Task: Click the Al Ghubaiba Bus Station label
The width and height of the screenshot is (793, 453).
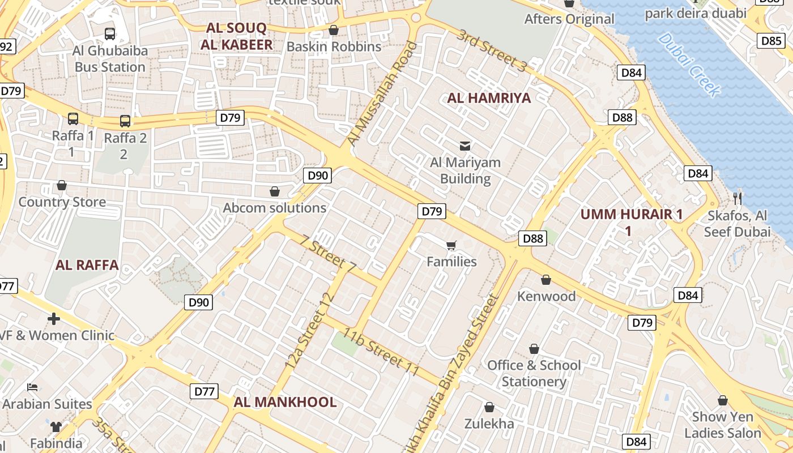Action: point(110,59)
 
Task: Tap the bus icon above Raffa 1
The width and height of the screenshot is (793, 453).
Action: point(73,119)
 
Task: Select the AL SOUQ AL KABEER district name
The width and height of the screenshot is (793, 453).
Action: point(240,36)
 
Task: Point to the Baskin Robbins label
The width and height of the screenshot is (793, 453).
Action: point(334,46)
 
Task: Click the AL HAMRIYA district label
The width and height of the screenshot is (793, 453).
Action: point(489,98)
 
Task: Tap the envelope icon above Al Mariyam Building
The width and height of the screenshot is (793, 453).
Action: point(465,146)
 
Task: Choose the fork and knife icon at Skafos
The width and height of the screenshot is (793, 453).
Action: point(737,198)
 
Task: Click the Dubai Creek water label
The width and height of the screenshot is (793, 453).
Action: point(689,65)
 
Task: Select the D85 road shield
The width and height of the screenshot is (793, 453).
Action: point(771,41)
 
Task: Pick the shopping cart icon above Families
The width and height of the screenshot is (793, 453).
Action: point(451,245)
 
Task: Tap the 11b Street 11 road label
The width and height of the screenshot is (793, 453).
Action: point(380,351)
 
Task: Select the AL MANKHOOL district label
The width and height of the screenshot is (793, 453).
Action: point(285,402)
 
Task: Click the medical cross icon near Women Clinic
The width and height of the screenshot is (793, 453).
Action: point(54,319)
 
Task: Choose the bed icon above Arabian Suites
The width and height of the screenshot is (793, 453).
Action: point(33,387)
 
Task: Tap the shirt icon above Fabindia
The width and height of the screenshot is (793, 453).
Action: point(56,426)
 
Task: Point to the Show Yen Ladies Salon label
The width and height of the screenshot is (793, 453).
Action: point(723,425)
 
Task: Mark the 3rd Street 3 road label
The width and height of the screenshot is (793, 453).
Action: point(492,50)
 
